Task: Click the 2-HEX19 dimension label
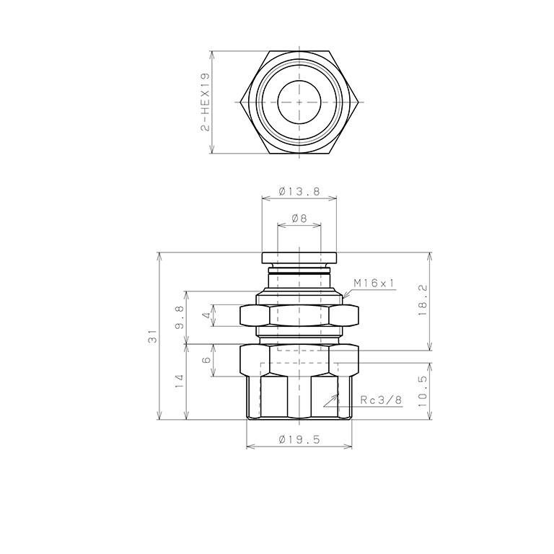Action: (206, 102)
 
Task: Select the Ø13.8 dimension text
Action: (299, 193)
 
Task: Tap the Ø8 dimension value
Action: (299, 218)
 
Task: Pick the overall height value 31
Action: (152, 336)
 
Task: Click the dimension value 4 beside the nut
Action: (206, 316)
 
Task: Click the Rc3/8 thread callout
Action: (380, 400)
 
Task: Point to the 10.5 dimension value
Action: (423, 390)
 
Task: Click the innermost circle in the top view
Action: (299, 102)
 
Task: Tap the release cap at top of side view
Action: (299, 258)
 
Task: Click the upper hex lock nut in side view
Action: (299, 315)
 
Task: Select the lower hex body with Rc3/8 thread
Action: (299, 382)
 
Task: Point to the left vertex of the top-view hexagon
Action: (239, 102)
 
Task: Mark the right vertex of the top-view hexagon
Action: (359, 102)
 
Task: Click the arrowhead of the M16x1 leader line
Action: (344, 297)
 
